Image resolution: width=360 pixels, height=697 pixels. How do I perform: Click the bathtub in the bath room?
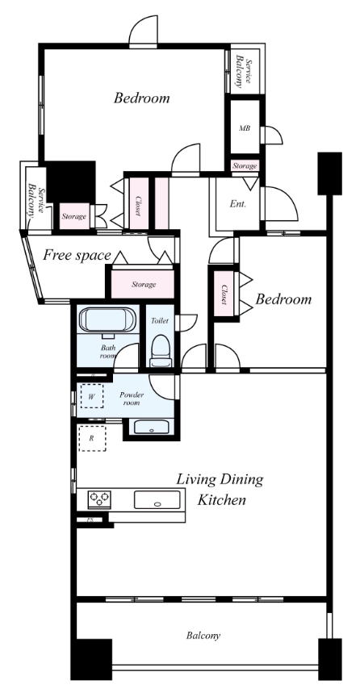click(x=107, y=319)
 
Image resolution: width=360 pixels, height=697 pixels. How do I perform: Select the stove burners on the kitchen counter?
click(x=98, y=499)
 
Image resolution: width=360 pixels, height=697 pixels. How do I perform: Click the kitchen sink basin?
click(x=157, y=499)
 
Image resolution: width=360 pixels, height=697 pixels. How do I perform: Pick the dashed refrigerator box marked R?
click(x=92, y=438)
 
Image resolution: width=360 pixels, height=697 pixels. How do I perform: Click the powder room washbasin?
click(x=151, y=428)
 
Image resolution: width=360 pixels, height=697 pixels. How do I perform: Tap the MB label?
click(x=245, y=128)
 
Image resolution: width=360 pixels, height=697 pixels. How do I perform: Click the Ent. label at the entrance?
click(x=238, y=204)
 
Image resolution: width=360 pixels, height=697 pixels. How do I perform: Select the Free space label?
click(x=77, y=256)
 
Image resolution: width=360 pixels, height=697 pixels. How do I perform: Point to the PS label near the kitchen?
click(x=90, y=520)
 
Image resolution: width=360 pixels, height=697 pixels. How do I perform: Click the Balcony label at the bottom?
click(x=203, y=636)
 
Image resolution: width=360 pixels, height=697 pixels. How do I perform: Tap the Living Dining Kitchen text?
click(x=220, y=490)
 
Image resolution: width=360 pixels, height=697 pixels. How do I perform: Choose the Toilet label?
click(x=159, y=321)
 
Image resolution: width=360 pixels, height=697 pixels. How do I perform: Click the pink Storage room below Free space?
click(x=142, y=284)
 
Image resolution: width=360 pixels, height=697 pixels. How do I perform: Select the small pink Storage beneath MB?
click(x=245, y=166)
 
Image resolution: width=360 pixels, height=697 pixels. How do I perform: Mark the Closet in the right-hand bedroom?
click(x=224, y=294)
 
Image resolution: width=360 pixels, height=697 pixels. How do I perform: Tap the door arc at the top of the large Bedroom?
click(x=144, y=30)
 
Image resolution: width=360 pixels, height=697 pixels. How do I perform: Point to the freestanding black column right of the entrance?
click(x=330, y=173)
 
